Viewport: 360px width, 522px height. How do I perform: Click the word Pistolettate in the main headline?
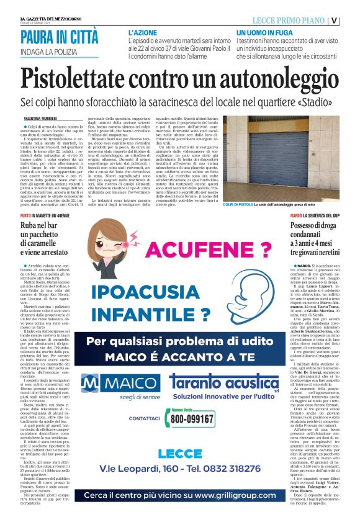pyautogui.click(x=86, y=79)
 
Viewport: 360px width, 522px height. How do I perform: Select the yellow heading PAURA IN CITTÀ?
pyautogui.click(x=59, y=37)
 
